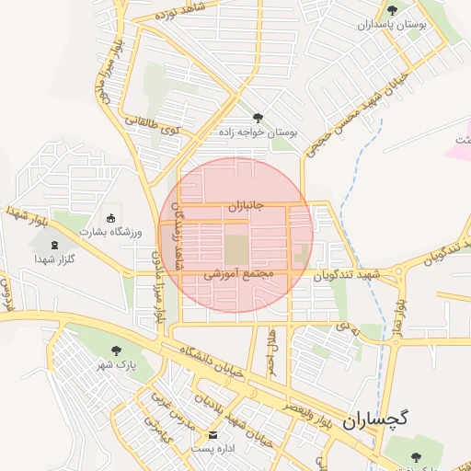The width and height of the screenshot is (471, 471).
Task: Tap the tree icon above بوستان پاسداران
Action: tap(393, 10)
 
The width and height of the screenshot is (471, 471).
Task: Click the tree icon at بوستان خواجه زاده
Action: tap(257, 118)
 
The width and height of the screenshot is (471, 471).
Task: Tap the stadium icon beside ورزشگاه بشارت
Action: tap(111, 218)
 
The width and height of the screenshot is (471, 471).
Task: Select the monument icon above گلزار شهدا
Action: tap(52, 245)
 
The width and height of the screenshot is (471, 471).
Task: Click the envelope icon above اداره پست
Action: tap(214, 434)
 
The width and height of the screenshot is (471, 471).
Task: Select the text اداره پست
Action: tap(213, 449)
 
